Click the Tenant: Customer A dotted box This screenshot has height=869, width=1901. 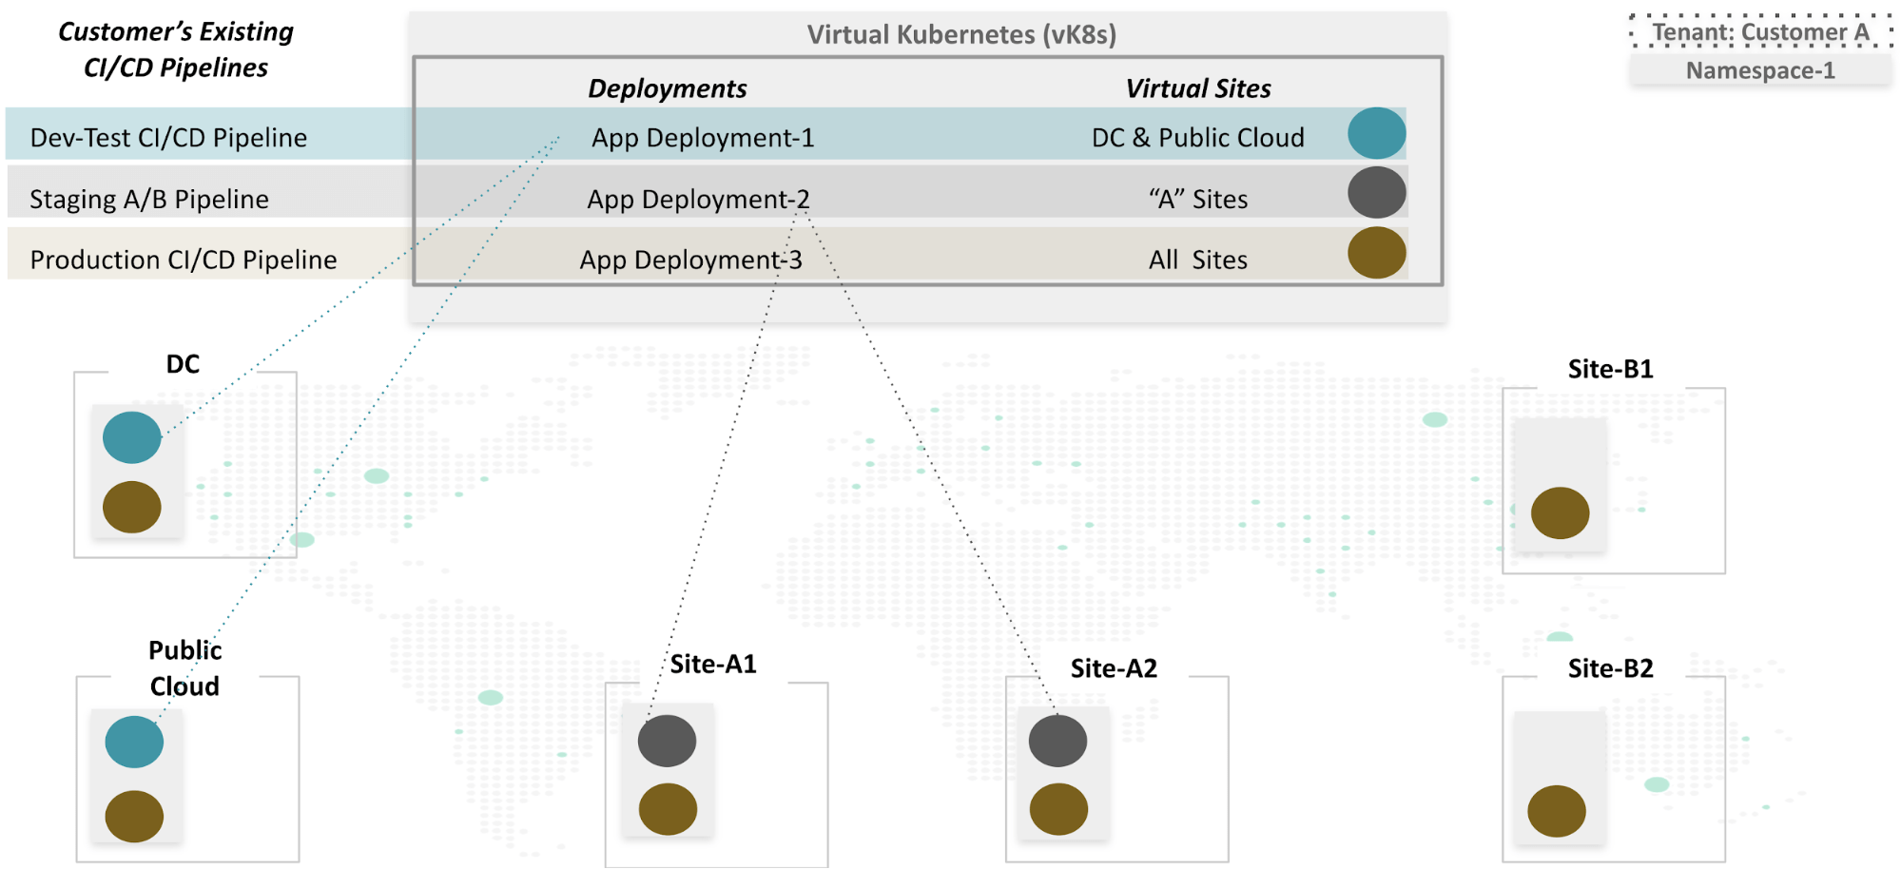click(1760, 31)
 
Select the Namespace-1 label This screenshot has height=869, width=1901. click(1760, 70)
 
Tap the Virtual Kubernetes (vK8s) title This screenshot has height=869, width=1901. click(961, 34)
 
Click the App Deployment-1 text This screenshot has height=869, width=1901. click(703, 138)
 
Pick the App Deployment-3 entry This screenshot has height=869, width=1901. click(690, 260)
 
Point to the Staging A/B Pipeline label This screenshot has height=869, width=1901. click(149, 199)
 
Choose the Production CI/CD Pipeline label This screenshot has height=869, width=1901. click(184, 260)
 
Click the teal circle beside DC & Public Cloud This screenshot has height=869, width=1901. click(1376, 133)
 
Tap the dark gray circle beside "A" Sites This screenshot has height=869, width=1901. click(1376, 192)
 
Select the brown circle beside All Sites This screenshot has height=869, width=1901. click(1376, 253)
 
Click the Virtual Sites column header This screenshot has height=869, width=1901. click(1197, 88)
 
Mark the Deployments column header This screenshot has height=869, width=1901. click(667, 88)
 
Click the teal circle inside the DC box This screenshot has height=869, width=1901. click(132, 437)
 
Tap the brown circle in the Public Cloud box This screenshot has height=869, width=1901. click(134, 816)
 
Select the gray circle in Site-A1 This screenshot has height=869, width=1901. click(667, 741)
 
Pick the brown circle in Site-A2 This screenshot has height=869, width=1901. click(1058, 809)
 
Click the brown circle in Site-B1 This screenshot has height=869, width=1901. click(1560, 513)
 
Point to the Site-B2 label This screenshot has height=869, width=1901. click(1610, 668)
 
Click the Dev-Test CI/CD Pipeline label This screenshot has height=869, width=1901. click(168, 138)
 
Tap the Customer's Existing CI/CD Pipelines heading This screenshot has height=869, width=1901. click(176, 49)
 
